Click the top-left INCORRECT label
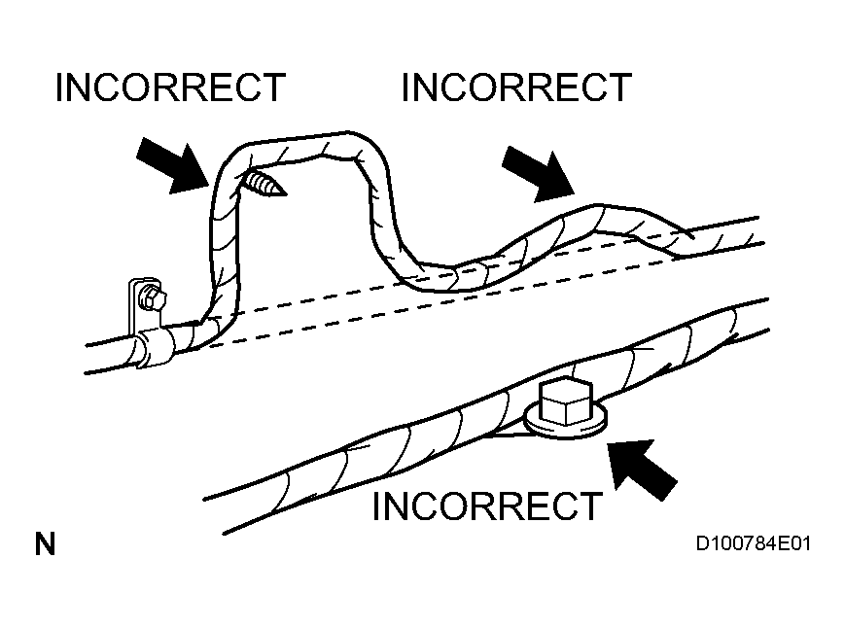tap(170, 87)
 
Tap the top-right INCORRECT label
tap(515, 87)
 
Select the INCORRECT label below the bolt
tap(487, 506)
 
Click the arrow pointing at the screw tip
tap(174, 164)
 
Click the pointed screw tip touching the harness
tap(264, 183)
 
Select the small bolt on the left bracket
tap(151, 297)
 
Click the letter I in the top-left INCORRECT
tap(59, 87)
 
